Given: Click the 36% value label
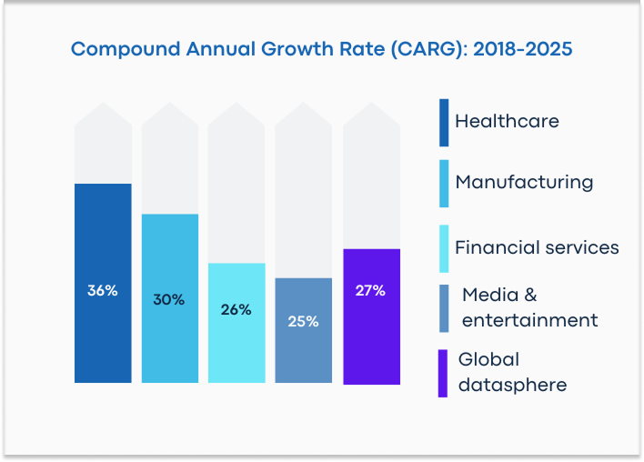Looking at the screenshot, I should point(102,291).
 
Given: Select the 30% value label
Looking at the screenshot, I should point(169,299).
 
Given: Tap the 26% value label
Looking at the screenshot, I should point(236,309).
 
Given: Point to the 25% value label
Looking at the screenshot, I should point(303,321).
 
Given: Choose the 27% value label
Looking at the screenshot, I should point(370,291).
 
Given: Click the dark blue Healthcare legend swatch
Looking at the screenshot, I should point(443,122).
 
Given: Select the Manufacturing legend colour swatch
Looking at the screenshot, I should point(443,184).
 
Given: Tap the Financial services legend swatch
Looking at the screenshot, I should point(443,248).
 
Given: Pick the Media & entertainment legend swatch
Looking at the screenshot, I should point(443,308).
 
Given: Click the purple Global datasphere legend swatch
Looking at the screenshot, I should point(443,373).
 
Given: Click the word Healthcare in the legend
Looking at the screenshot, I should point(507,121).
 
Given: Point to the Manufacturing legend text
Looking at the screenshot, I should point(524,183).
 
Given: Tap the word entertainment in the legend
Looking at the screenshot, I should point(529,320).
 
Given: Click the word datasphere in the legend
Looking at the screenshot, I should point(512,385).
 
